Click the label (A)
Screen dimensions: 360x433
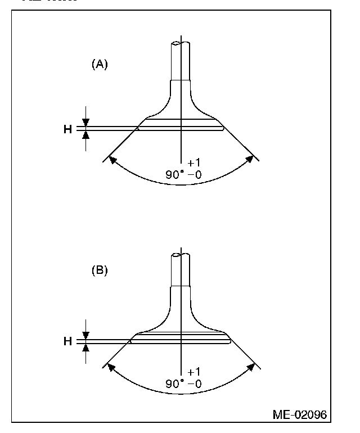click(x=100, y=64)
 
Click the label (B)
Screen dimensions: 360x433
click(x=100, y=270)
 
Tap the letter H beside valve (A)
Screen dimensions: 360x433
click(x=67, y=129)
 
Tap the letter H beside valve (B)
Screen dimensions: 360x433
click(x=67, y=341)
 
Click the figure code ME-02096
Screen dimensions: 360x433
click(x=299, y=415)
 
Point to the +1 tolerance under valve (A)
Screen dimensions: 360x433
click(x=193, y=164)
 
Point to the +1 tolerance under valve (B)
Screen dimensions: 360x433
click(x=193, y=372)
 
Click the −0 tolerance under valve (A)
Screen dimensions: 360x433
click(x=195, y=175)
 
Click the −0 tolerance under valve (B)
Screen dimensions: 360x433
click(x=195, y=384)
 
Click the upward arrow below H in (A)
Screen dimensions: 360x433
click(x=85, y=136)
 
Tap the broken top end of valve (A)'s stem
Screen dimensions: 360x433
click(x=181, y=43)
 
